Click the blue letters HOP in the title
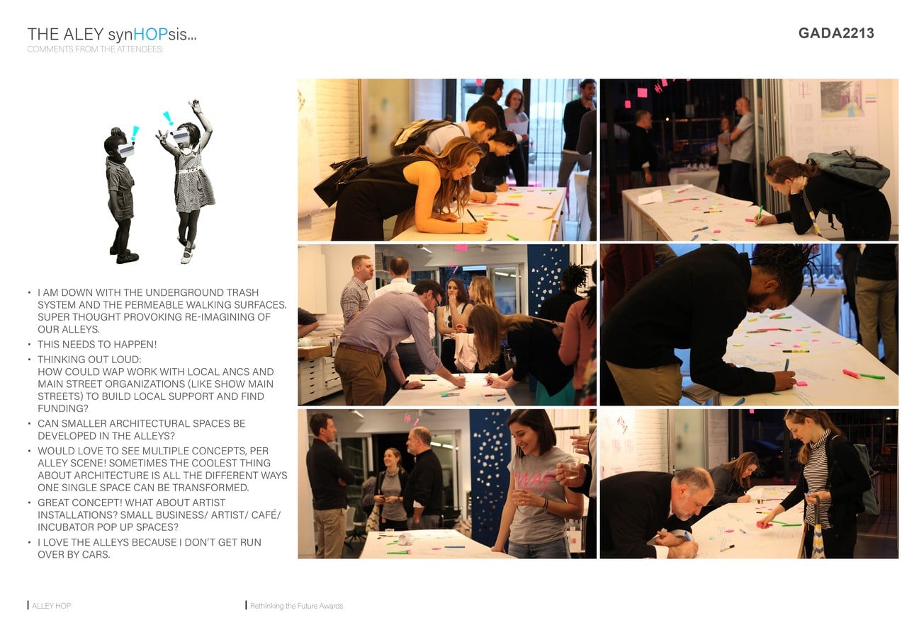pos(150,34)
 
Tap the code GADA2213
pos(836,33)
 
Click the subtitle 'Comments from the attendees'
pos(96,50)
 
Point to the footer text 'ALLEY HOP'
pos(52,606)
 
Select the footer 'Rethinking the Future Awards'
pos(296,606)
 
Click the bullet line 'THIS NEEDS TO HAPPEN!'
pos(97,344)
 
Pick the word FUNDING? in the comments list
pos(63,408)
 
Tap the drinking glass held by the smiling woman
pos(570,470)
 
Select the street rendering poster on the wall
pos(842,99)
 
